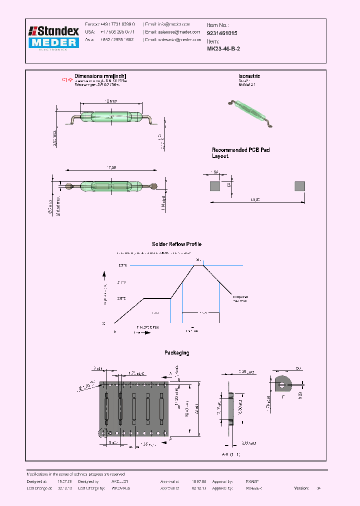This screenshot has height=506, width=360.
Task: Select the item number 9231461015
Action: point(222,33)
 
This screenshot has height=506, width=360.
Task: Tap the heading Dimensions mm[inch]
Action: point(100,76)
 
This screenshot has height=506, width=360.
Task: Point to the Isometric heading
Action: point(249,76)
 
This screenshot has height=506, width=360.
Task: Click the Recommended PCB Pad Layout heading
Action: point(240,153)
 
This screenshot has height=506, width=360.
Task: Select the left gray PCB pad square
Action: point(214,186)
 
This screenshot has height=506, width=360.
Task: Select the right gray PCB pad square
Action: point(300,186)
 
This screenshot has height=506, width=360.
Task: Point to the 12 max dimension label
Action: point(111,101)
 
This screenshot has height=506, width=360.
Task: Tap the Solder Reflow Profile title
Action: point(176,244)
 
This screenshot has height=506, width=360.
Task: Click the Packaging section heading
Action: point(176,353)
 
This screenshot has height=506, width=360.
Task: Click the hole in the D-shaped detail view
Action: point(283,385)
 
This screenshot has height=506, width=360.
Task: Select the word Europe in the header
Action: point(92,24)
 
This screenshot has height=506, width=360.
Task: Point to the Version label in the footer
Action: point(301,487)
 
